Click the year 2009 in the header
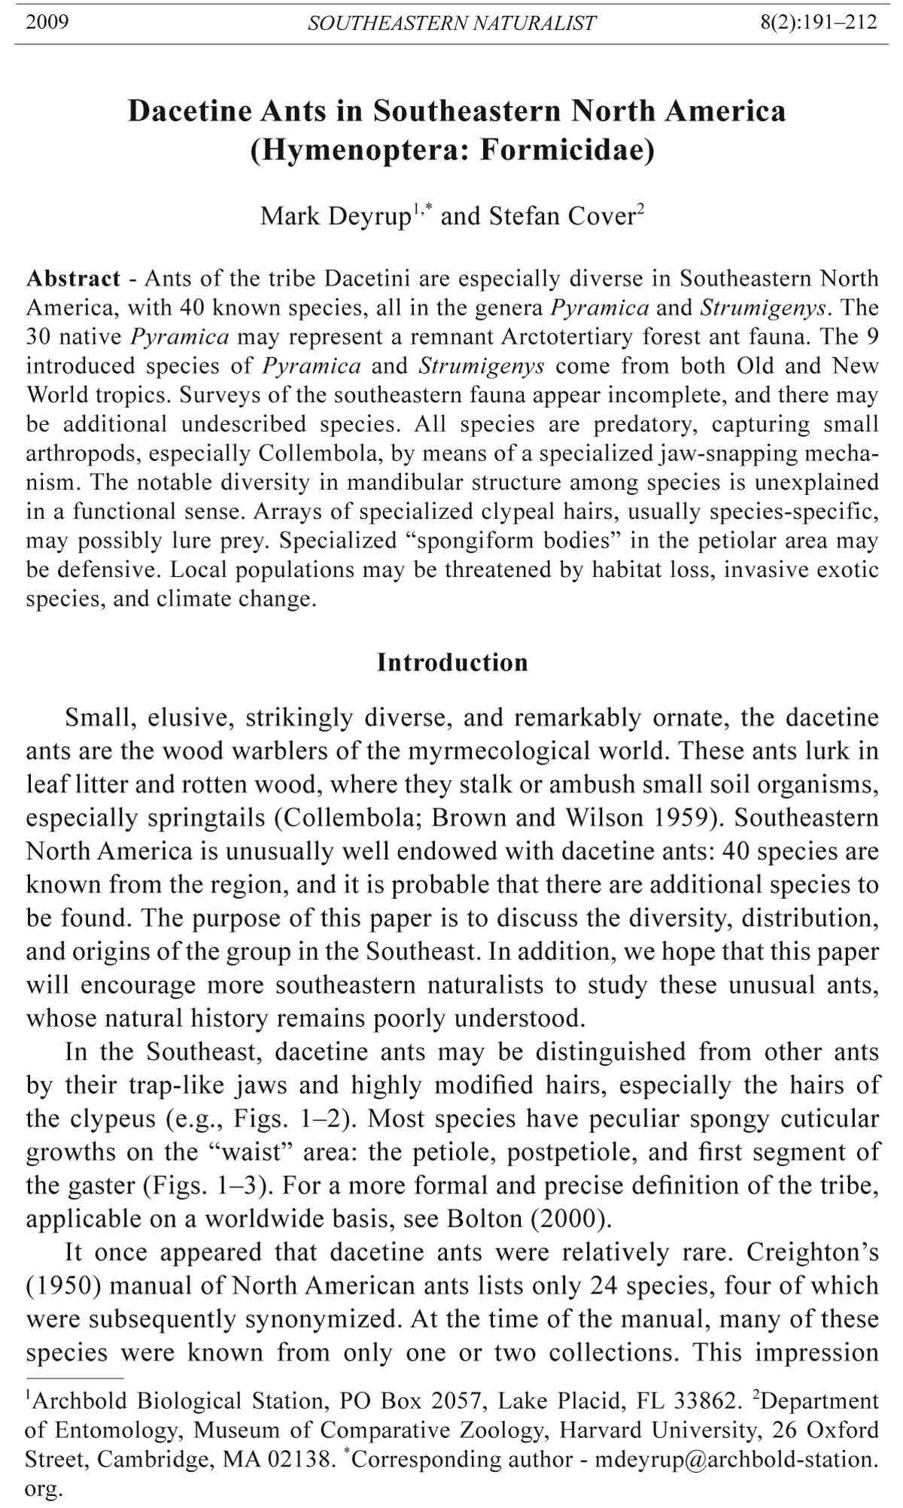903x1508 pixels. click(x=47, y=22)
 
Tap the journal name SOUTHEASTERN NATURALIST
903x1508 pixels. click(x=451, y=23)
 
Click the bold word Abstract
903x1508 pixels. click(x=73, y=279)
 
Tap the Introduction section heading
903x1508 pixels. click(x=452, y=663)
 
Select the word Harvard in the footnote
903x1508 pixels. click(x=606, y=1430)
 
